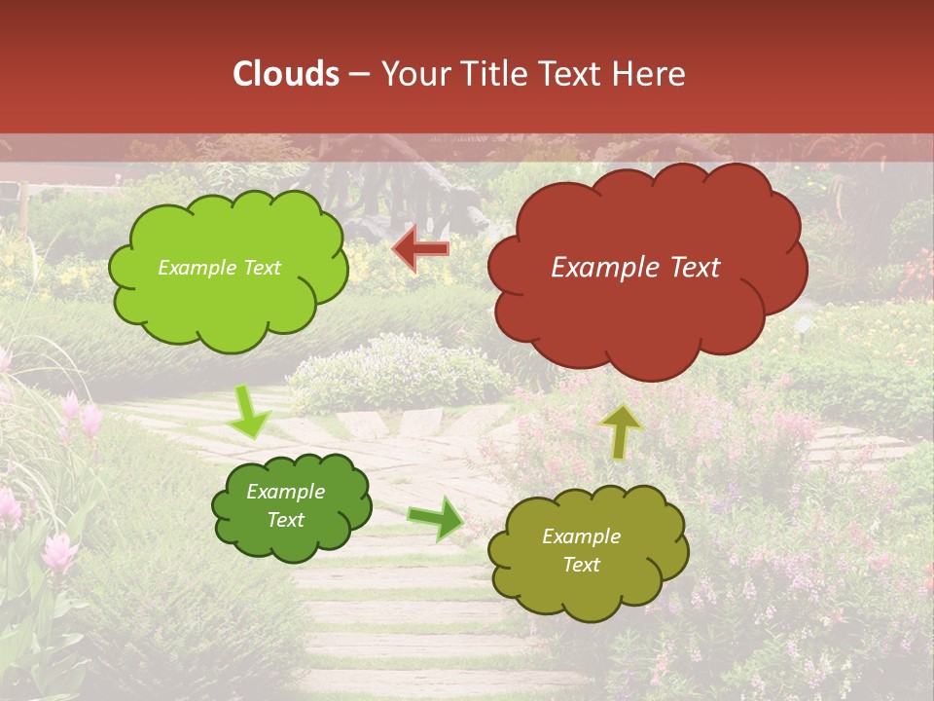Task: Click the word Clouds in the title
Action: click(x=286, y=74)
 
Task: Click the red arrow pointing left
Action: click(x=421, y=250)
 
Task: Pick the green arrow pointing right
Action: click(x=436, y=517)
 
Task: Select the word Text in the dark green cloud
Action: click(x=286, y=520)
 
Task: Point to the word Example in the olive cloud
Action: click(x=581, y=536)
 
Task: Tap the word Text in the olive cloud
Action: click(x=581, y=565)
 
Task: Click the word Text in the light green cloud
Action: click(x=262, y=268)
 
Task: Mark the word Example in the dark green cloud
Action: click(x=286, y=492)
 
